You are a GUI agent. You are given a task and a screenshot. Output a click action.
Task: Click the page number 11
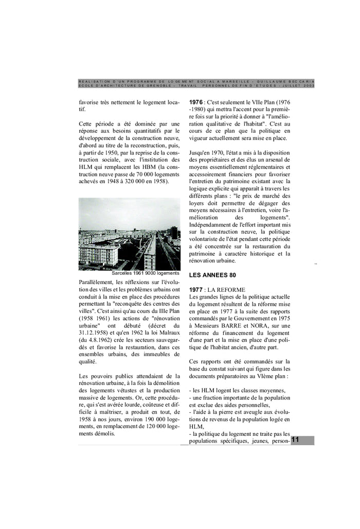click(x=296, y=440)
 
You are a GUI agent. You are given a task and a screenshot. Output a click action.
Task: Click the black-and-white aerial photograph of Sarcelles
click(x=129, y=234)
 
